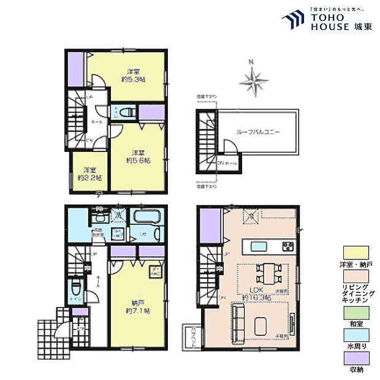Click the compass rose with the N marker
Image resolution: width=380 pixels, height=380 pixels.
coord(254,79)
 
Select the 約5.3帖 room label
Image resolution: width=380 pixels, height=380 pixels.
coord(132,75)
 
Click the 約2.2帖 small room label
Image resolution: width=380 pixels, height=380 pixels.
coord(89,173)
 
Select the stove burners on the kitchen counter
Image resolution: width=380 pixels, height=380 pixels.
coord(287,246)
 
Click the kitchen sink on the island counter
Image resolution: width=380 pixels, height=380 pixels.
coord(254,246)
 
